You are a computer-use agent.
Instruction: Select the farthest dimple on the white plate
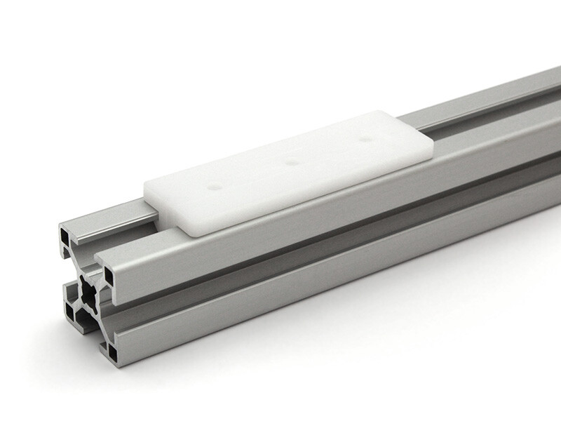363,139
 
